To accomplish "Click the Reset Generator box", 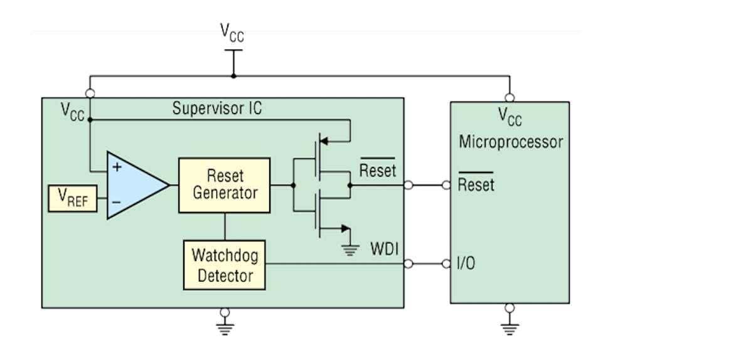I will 224,185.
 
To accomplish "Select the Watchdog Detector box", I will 224,265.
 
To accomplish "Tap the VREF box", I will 72,198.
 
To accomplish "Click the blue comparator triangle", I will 135,185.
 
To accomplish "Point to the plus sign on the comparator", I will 116,167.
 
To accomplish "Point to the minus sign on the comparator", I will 116,203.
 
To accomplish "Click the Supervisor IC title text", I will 217,109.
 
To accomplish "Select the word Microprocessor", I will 510,142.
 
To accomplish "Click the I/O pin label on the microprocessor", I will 466,264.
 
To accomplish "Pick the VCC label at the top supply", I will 232,33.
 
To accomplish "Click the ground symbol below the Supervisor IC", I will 225,326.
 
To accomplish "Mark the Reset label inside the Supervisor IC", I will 377,170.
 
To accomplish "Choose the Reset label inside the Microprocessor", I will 476,185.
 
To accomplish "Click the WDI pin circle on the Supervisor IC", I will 409,264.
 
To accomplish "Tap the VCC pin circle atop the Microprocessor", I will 510,97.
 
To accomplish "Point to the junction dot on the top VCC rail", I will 233,77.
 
